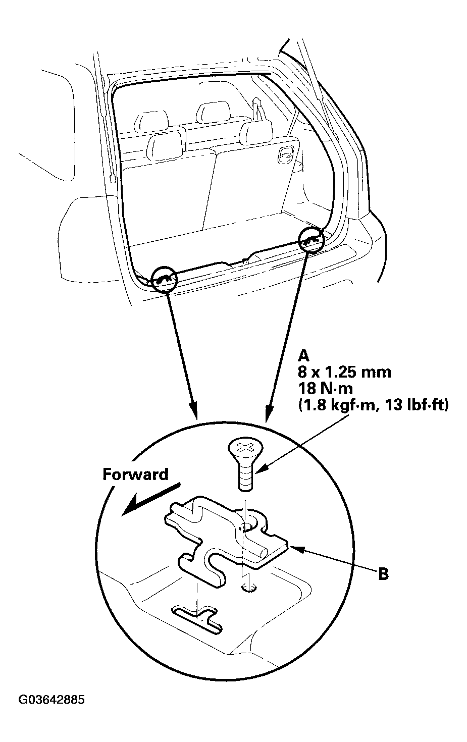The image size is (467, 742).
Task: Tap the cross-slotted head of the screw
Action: point(246,448)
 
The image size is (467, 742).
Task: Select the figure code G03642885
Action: point(51,701)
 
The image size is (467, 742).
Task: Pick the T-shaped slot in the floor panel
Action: point(197,618)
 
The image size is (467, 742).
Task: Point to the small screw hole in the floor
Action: point(246,588)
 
